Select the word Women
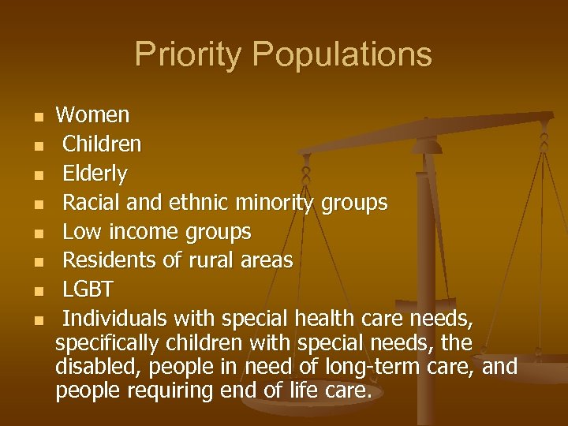pos(92,115)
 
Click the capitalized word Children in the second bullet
pos(102,144)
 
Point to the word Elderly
pos(95,174)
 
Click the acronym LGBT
pos(88,290)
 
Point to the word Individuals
pos(114,319)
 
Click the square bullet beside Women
pos(36,118)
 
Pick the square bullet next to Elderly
pos(36,175)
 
